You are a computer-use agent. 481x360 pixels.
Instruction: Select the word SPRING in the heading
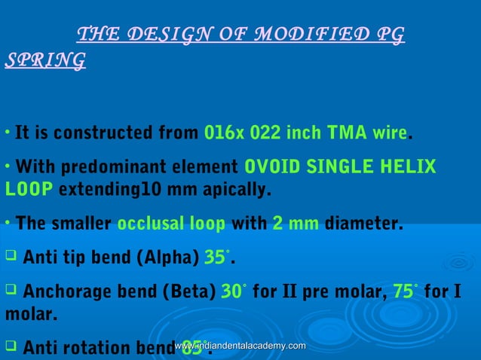(44, 59)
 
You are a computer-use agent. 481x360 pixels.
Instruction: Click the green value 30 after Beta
(231, 291)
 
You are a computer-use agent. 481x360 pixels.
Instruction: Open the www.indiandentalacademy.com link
(240, 345)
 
